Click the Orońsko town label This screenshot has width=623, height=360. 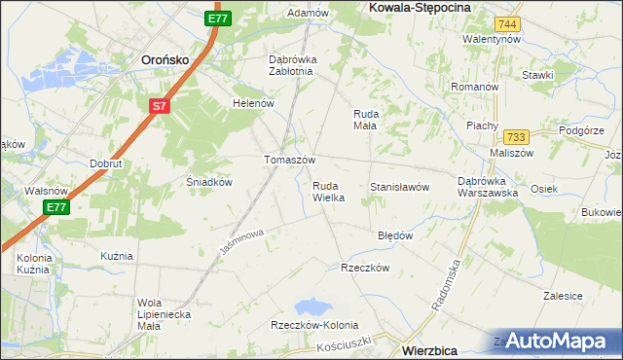tap(165, 58)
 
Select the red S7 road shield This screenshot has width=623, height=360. tap(160, 105)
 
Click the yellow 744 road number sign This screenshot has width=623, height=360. tap(506, 23)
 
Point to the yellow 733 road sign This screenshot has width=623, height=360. tap(516, 138)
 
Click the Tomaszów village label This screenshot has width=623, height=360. tap(290, 160)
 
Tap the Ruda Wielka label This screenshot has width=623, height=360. tap(328, 191)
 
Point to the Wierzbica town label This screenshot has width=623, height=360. tap(435, 346)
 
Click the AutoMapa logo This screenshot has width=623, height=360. tap(557, 340)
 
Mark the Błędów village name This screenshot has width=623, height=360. tap(395, 235)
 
